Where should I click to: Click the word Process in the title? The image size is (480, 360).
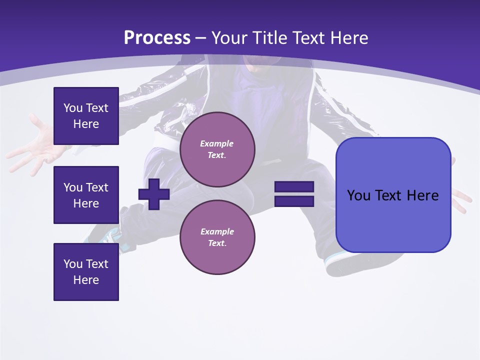click(157, 37)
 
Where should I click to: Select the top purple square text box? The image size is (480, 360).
click(86, 116)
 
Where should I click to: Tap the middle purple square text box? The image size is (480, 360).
click(86, 195)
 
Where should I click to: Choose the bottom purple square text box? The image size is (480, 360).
click(86, 272)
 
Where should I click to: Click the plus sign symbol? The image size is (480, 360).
click(154, 194)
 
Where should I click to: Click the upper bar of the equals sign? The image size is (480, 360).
click(294, 186)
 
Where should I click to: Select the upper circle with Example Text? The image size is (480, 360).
click(217, 149)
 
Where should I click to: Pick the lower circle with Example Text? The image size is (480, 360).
click(217, 237)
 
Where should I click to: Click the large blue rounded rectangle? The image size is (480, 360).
click(393, 195)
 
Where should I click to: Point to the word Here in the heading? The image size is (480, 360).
click(347, 37)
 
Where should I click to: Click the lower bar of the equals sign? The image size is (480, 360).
click(294, 201)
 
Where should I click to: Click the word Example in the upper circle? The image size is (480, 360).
click(216, 143)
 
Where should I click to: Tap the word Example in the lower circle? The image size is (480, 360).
click(217, 231)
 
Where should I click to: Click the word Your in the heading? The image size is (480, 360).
click(230, 37)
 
